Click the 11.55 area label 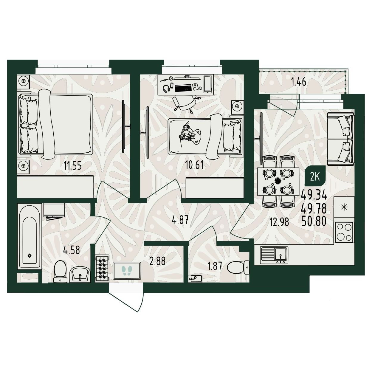click(73, 166)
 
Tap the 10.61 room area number click(194, 165)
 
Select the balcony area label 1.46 click(299, 83)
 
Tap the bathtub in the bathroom click(30, 237)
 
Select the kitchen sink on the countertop click(274, 255)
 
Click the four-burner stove click(345, 232)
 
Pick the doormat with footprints click(127, 270)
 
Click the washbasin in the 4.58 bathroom click(80, 275)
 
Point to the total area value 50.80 click(314, 221)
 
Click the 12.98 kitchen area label click(280, 222)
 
